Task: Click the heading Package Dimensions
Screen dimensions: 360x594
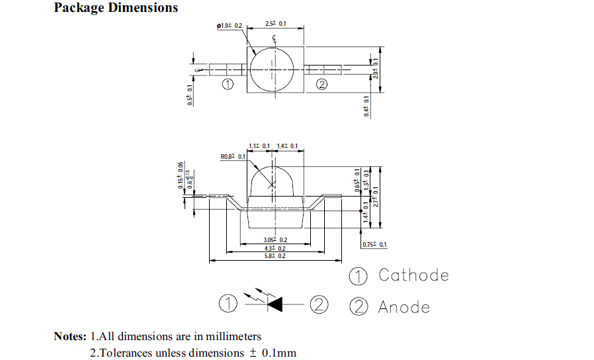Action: click(116, 8)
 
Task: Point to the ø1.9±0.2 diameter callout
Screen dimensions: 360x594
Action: click(230, 26)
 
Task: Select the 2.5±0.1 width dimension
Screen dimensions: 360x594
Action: click(275, 24)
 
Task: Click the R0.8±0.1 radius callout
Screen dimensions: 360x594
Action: click(233, 157)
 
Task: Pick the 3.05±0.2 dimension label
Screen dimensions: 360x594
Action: click(275, 240)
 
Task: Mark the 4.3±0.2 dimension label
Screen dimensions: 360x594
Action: click(275, 247)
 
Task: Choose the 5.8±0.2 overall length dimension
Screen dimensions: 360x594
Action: click(275, 255)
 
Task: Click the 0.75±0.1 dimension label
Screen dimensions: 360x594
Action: click(374, 245)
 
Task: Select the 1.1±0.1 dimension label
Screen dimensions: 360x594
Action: click(259, 146)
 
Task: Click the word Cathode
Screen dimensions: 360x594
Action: click(413, 275)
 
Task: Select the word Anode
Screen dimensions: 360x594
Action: click(403, 307)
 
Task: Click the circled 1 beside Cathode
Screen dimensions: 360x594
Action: click(358, 275)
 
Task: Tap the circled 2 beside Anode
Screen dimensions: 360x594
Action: click(358, 306)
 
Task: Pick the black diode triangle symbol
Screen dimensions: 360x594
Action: click(275, 304)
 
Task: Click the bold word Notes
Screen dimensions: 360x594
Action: click(69, 336)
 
